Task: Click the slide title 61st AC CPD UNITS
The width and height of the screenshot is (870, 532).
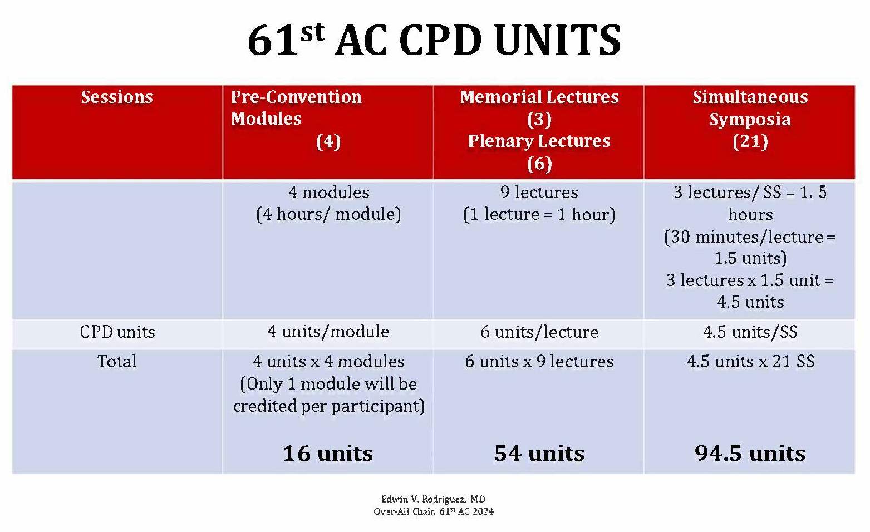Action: tap(434, 40)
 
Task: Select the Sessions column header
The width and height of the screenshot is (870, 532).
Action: tap(117, 97)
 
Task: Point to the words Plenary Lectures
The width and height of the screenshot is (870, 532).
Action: tap(539, 141)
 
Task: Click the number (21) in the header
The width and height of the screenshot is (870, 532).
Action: tap(750, 141)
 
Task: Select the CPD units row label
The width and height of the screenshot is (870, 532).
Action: tap(117, 332)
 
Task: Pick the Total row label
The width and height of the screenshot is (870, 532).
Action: tap(117, 362)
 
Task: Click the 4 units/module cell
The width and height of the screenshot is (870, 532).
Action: tap(328, 332)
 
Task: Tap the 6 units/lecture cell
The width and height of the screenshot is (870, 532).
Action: tap(539, 332)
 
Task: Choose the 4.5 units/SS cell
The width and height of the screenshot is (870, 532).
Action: tap(750, 332)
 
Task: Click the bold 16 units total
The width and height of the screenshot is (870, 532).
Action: tap(328, 453)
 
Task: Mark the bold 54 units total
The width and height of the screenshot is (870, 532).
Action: tap(539, 453)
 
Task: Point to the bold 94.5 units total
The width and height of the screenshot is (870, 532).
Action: tap(750, 453)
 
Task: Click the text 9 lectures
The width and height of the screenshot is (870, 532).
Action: tap(539, 193)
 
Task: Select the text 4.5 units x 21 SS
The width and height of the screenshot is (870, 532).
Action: tap(750, 362)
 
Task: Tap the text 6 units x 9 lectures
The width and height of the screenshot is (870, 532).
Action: tap(539, 362)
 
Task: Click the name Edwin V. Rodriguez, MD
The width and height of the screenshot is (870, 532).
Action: tap(433, 499)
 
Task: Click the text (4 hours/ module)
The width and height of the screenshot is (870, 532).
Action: tap(328, 214)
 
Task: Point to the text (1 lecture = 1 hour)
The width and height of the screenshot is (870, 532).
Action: tap(539, 214)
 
